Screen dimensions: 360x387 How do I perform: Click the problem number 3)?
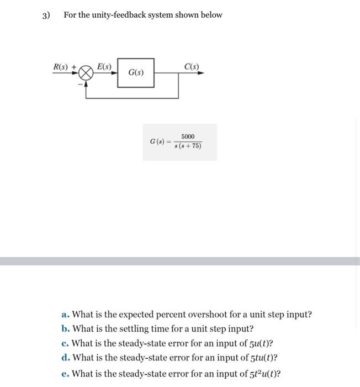(46, 15)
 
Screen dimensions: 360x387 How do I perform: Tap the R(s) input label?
(61, 67)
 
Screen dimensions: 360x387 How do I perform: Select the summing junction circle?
(86, 73)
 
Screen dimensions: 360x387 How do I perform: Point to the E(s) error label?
(104, 67)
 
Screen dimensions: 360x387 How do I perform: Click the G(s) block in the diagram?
(136, 72)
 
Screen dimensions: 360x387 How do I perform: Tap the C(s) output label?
(192, 67)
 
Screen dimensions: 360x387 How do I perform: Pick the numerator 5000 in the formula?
(188, 137)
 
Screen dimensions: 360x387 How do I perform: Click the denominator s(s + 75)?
(188, 147)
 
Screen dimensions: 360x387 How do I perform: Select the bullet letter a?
(65, 315)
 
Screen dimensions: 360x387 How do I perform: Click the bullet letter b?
(65, 329)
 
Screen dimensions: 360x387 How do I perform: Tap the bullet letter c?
(65, 344)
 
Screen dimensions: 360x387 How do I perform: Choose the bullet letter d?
(65, 358)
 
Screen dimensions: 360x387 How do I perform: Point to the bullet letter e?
(65, 374)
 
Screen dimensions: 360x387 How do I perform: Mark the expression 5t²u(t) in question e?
(263, 374)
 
